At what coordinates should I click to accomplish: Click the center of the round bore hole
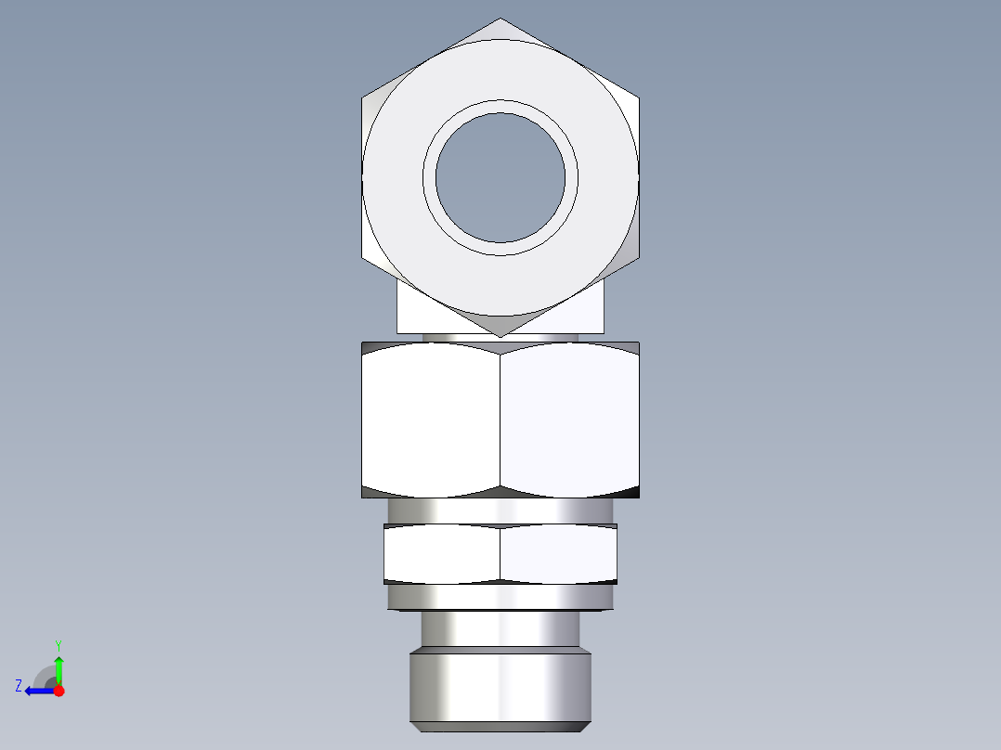click(500, 177)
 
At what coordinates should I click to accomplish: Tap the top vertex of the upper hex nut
click(500, 19)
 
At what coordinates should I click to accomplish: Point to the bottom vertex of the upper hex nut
click(500, 336)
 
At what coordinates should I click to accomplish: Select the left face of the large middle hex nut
click(431, 420)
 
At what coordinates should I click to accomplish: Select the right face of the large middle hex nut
click(569, 420)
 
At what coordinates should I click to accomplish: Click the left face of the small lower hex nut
click(442, 554)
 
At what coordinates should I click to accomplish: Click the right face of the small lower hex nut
click(558, 554)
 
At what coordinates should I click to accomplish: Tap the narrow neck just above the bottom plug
click(500, 629)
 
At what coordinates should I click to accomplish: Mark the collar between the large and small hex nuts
click(500, 511)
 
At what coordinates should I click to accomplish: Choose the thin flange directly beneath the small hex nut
click(500, 597)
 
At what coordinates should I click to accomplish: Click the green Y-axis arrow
click(58, 667)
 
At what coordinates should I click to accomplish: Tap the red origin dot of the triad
click(58, 691)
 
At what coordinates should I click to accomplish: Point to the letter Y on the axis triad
click(58, 644)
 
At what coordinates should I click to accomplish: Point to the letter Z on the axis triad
click(19, 686)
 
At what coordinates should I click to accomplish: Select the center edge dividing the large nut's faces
click(500, 420)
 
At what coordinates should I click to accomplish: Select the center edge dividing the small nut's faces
click(500, 554)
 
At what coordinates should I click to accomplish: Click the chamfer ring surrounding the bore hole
click(500, 106)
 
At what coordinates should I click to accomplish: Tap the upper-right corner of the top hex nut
click(639, 97)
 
